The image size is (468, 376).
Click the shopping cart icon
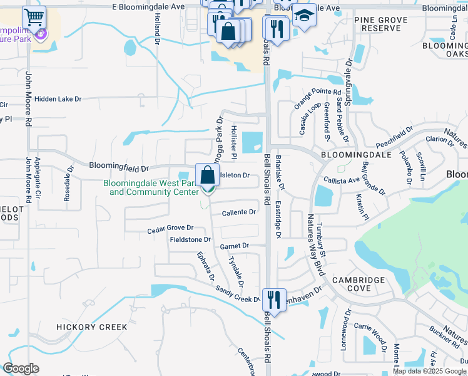(x=34, y=16)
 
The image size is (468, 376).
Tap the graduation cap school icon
(x=305, y=14)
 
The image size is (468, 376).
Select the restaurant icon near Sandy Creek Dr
(x=274, y=300)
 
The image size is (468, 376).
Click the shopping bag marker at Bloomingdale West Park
(x=207, y=175)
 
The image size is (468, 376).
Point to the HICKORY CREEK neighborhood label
(x=91, y=327)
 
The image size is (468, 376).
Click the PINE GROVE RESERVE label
(x=381, y=24)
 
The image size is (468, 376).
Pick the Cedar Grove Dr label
(x=170, y=229)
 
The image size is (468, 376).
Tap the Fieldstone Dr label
(x=190, y=239)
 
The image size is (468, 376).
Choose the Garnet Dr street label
(x=235, y=246)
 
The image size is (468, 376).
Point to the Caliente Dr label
(x=239, y=212)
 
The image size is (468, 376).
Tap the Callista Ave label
(x=342, y=180)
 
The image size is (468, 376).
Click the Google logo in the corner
(x=21, y=368)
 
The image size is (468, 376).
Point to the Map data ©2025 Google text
(x=429, y=371)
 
